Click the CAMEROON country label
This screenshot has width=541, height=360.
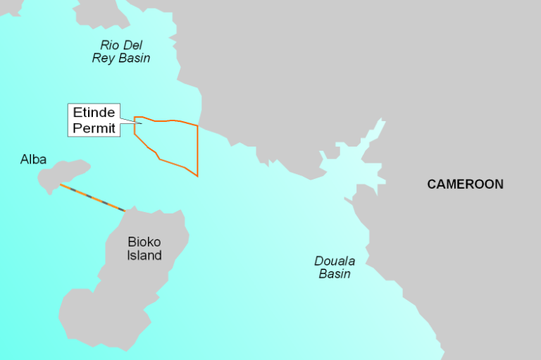click(x=465, y=185)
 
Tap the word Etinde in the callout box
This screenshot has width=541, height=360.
click(x=94, y=113)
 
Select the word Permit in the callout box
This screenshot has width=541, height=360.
click(x=94, y=128)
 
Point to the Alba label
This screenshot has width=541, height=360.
click(x=33, y=160)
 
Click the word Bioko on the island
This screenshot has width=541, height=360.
click(x=144, y=242)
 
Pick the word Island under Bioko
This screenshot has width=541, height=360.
click(x=144, y=255)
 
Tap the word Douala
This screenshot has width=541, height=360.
click(x=335, y=261)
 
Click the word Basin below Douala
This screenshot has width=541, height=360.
click(x=335, y=273)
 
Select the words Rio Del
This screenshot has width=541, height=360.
click(x=121, y=45)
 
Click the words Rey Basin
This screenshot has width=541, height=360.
click(x=121, y=58)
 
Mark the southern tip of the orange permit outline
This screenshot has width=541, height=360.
click(x=197, y=175)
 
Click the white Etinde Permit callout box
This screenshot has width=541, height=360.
click(x=94, y=120)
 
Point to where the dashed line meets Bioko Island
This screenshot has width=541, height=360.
click(x=125, y=210)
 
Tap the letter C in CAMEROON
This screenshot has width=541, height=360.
click(x=432, y=185)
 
